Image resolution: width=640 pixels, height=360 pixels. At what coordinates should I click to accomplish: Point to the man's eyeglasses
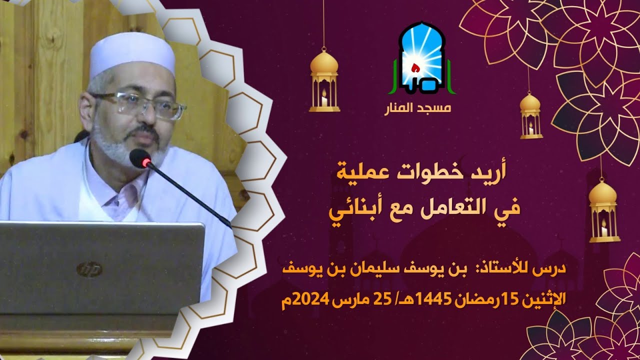(x=137, y=104)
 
